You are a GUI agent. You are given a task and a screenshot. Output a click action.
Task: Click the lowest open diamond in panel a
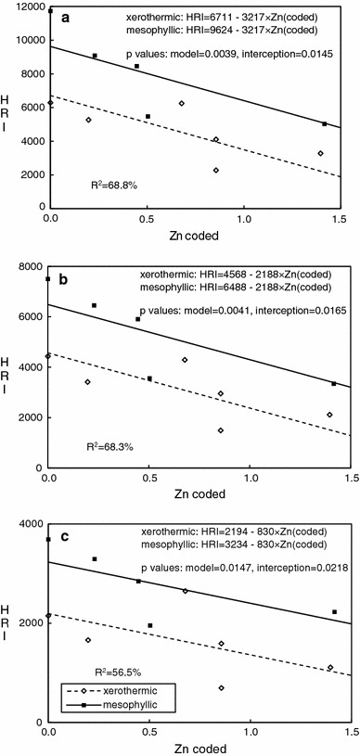tap(216, 171)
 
